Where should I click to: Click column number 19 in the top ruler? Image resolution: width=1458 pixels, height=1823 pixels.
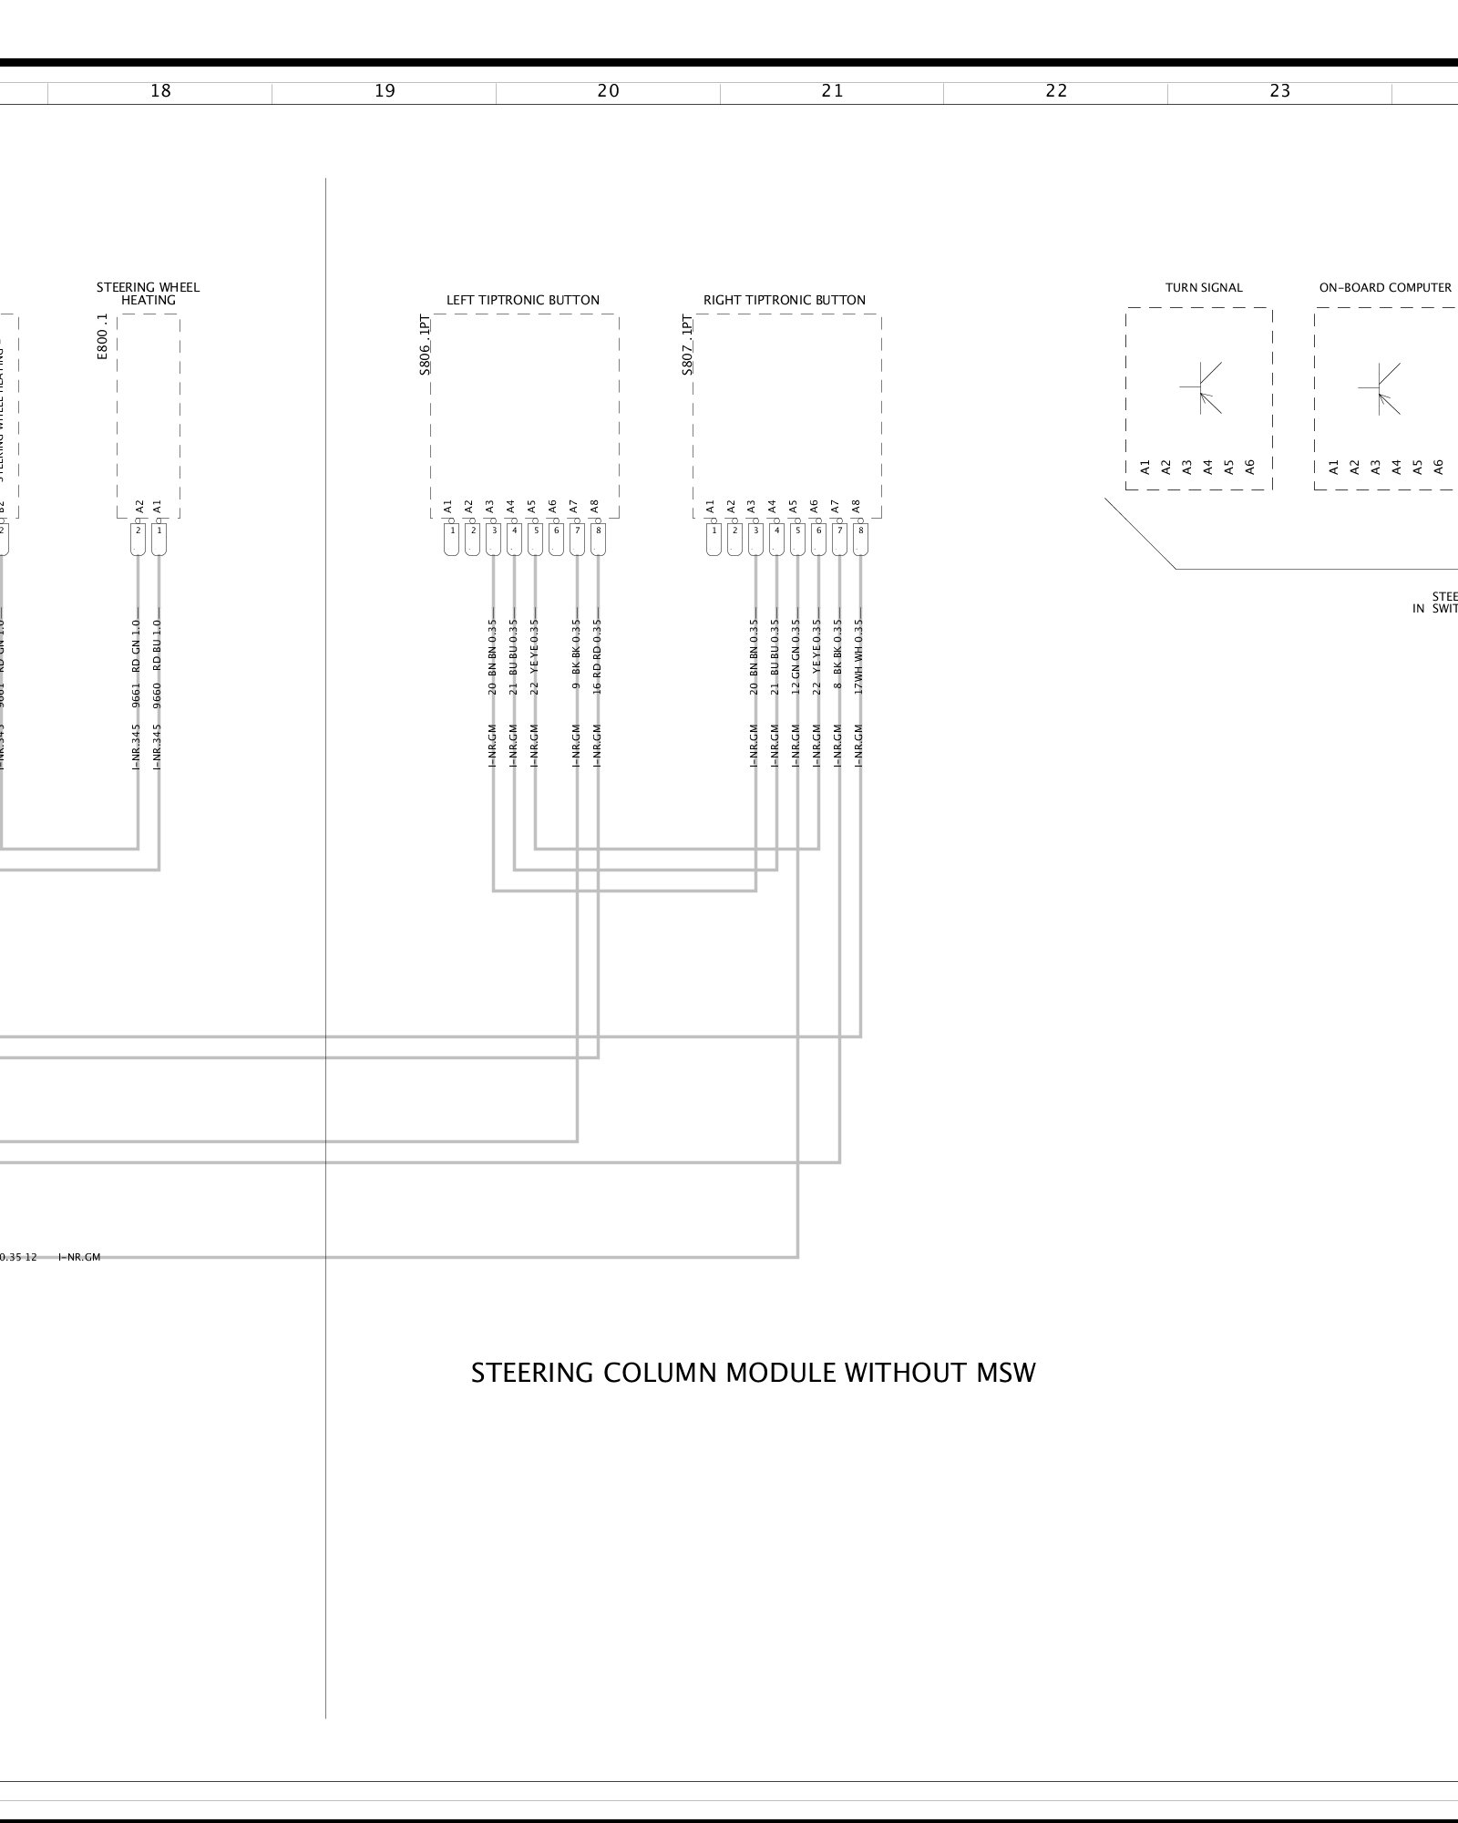pyautogui.click(x=385, y=91)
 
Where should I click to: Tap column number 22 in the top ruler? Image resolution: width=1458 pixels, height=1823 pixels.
pyautogui.click(x=1056, y=91)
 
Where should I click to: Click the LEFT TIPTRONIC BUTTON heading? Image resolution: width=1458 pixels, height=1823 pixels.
pyautogui.click(x=523, y=300)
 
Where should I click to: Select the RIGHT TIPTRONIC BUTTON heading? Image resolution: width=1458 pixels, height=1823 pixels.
pyautogui.click(x=785, y=300)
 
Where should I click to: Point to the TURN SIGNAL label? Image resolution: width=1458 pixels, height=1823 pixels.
pyautogui.click(x=1204, y=288)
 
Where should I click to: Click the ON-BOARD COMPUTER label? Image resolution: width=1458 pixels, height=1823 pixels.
pyautogui.click(x=1385, y=288)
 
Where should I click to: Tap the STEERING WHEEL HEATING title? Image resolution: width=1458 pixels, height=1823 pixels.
pyautogui.click(x=149, y=294)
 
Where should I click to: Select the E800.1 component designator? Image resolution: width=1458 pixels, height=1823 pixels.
pyautogui.click(x=102, y=337)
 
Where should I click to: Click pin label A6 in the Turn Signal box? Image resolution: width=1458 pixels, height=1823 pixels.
pyautogui.click(x=1250, y=467)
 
